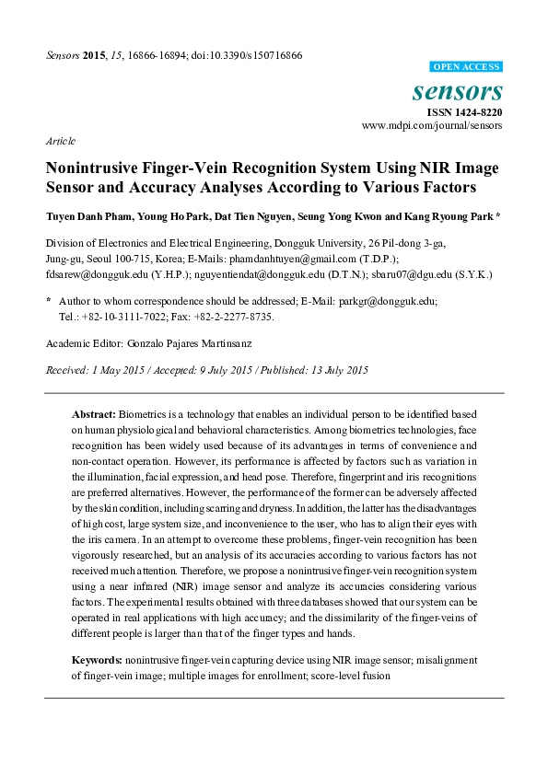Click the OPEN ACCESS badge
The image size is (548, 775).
[466, 67]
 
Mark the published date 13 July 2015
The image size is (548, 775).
[333, 370]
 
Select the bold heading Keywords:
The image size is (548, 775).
[97, 661]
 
